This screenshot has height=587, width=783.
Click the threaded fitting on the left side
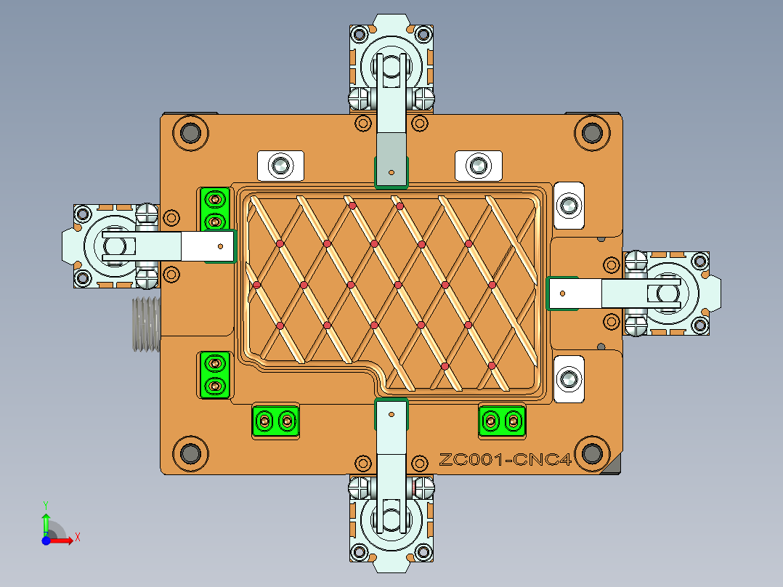tap(145, 324)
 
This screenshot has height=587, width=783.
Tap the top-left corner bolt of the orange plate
tap(190, 133)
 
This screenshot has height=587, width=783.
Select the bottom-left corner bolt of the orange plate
tap(190, 453)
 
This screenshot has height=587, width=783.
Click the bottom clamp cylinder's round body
tap(392, 519)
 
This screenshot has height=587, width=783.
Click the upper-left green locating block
tap(215, 209)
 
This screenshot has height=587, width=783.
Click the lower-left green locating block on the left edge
tap(215, 374)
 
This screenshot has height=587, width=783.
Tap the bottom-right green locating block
tap(502, 421)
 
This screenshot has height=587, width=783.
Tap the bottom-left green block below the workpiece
tap(275, 421)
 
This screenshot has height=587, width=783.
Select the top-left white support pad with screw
tap(280, 166)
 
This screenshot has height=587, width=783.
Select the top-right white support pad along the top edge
tap(478, 166)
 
